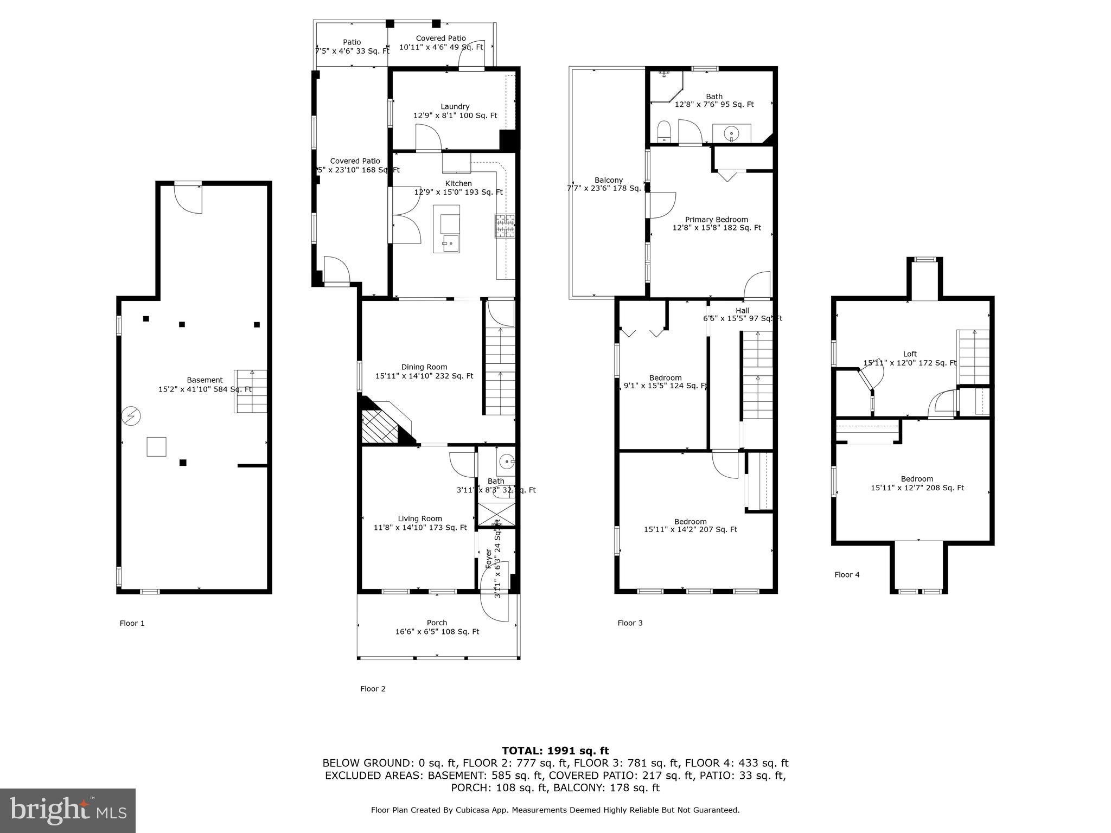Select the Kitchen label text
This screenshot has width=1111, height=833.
point(458,184)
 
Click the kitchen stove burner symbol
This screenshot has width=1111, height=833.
point(505,226)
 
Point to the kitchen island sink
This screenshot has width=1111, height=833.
point(450,243)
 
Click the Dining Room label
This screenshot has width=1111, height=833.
point(424,367)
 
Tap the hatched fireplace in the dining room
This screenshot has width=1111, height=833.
point(381,426)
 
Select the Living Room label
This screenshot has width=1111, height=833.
point(420,518)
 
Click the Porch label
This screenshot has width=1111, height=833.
point(437,623)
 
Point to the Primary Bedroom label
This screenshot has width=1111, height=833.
point(716,220)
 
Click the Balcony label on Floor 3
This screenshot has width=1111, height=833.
point(608,180)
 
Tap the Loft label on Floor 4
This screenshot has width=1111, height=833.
point(910,354)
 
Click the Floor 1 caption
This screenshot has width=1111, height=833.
point(132,623)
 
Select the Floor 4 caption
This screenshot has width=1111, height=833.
point(847,575)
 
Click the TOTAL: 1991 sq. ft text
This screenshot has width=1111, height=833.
point(555,751)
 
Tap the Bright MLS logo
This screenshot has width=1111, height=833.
point(67,810)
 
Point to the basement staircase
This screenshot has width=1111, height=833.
point(251,391)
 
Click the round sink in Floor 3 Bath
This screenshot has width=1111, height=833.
point(732,132)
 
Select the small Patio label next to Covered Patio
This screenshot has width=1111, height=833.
point(352,42)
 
